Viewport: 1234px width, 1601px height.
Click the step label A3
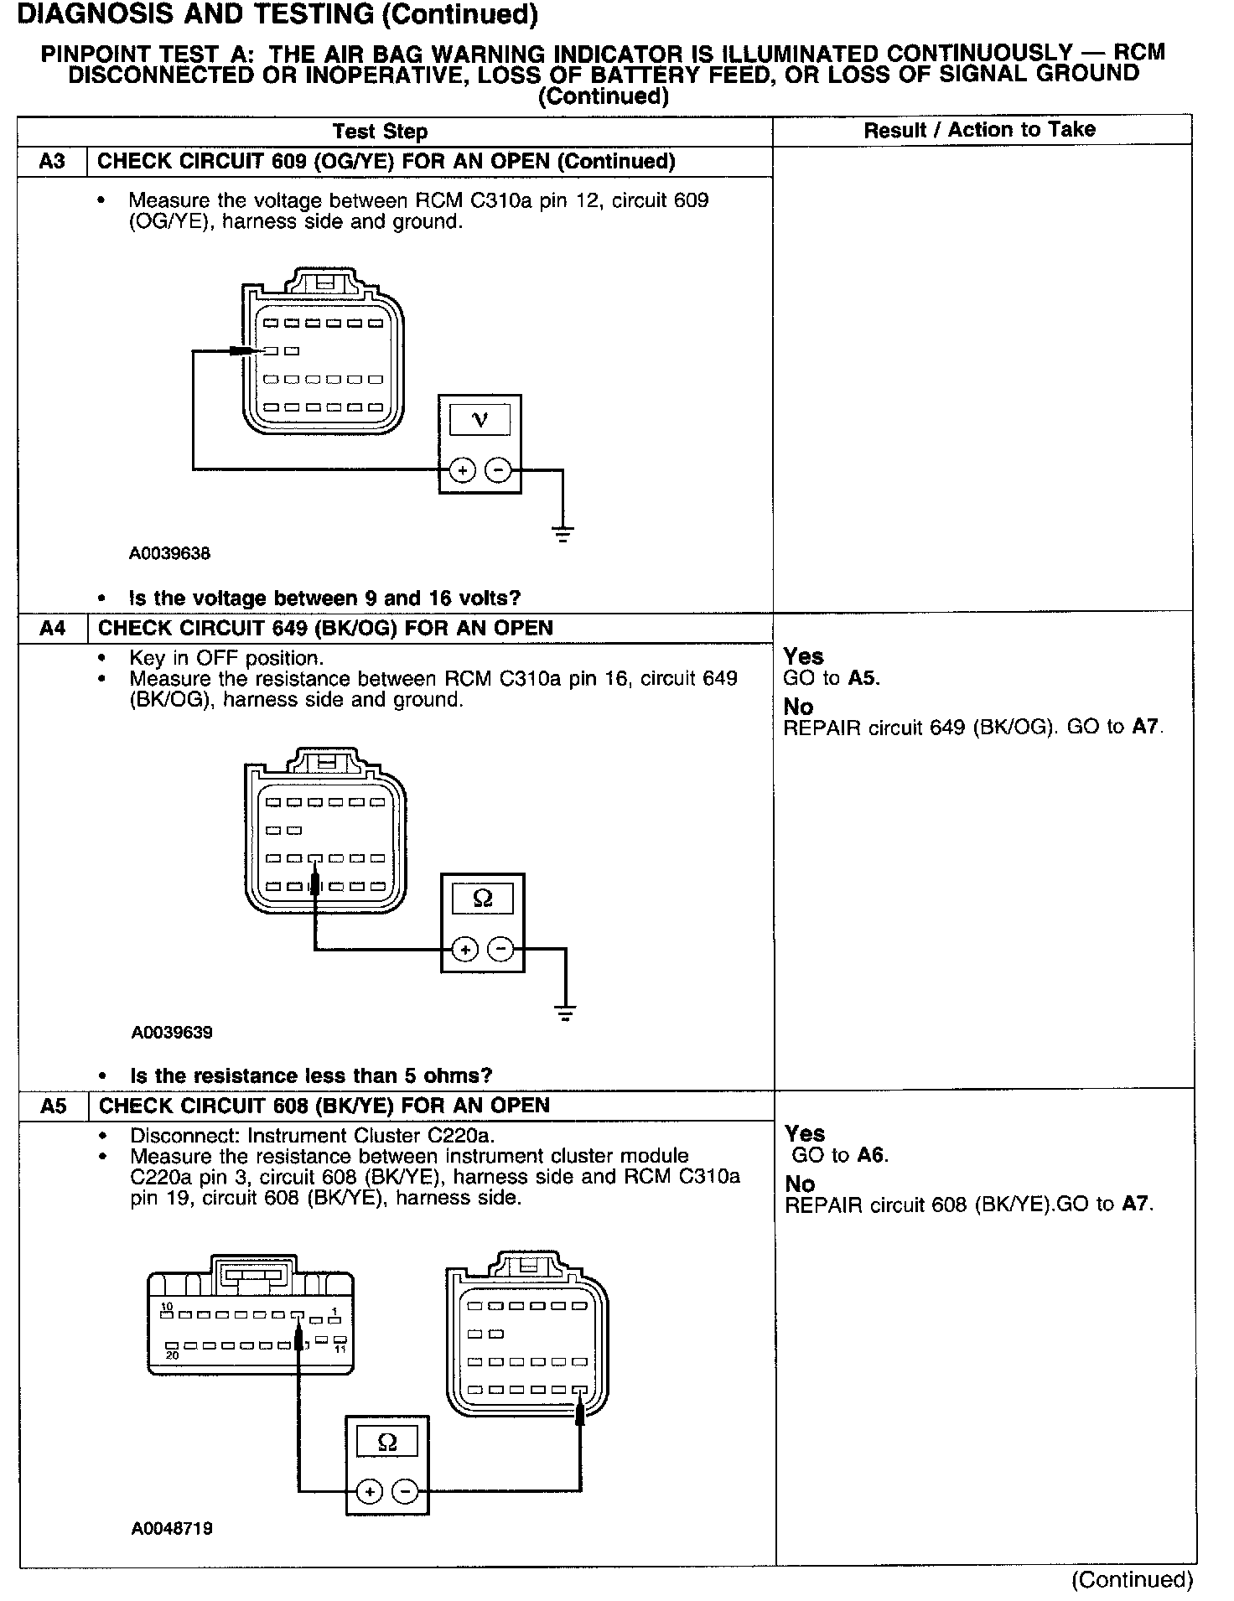[52, 161]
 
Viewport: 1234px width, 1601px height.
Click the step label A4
[52, 628]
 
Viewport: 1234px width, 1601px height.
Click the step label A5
[53, 1106]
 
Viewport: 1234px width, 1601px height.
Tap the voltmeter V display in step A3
[480, 419]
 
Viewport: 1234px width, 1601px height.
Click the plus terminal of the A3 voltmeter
[462, 470]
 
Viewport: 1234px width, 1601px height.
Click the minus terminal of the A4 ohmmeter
[501, 949]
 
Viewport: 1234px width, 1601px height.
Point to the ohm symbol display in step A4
[483, 899]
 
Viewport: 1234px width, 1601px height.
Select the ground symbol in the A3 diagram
[563, 533]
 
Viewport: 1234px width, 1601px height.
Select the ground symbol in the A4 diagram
[566, 1013]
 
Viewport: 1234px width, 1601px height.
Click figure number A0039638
[169, 553]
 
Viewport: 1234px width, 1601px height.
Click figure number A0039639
[171, 1032]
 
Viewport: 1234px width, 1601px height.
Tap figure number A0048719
[171, 1528]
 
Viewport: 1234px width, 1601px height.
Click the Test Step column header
[380, 132]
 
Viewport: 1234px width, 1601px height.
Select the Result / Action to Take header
[979, 130]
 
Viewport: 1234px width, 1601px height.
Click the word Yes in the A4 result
[803, 656]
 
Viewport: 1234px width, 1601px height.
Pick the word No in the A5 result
[800, 1184]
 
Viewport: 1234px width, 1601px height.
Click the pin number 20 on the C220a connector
[172, 1355]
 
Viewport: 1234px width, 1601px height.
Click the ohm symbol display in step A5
[387, 1441]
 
